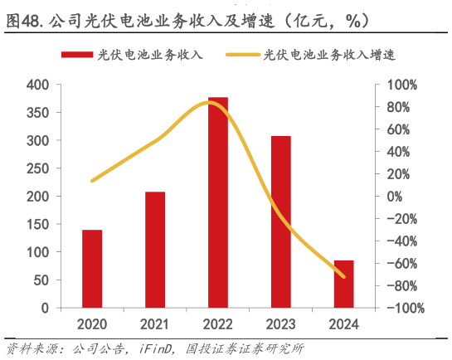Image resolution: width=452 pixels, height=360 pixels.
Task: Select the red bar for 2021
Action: point(155,249)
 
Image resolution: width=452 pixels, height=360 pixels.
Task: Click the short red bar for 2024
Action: point(344,284)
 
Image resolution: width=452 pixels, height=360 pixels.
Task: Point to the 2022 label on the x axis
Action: point(218,323)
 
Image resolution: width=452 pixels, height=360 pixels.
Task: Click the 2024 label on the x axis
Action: point(344,323)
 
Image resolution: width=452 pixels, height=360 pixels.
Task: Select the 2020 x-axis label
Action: point(92,323)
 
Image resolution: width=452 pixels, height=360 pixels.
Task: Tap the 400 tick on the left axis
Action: point(37,85)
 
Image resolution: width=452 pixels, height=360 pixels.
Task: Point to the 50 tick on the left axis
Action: point(41,280)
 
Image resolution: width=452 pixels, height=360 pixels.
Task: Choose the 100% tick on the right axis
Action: point(406,85)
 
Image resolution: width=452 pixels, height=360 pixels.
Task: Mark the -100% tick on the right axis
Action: point(404,308)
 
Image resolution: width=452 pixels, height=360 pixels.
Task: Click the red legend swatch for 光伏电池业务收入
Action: point(75,56)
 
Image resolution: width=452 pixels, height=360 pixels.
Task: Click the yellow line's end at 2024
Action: point(344,276)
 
